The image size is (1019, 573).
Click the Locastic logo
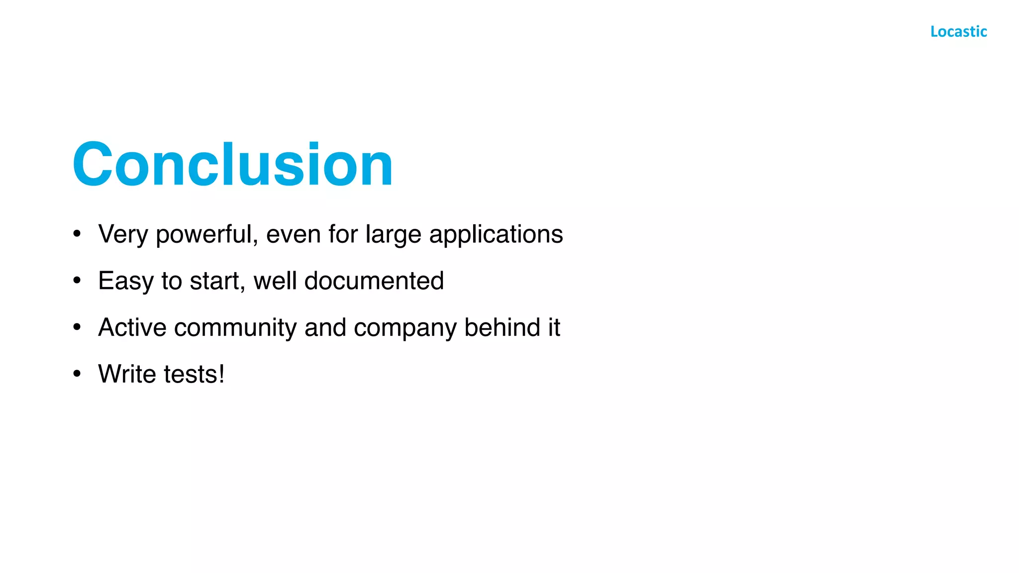[958, 32]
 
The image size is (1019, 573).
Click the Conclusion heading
[233, 164]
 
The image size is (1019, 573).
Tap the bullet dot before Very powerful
[77, 234]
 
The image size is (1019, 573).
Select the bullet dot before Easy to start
[77, 281]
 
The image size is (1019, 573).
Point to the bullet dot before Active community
[77, 327]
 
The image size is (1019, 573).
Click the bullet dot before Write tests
[77, 374]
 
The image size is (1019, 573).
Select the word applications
[496, 235]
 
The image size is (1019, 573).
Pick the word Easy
[126, 282]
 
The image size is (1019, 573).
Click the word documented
[374, 281]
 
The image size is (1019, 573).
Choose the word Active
[132, 328]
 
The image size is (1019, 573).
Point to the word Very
[123, 235]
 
